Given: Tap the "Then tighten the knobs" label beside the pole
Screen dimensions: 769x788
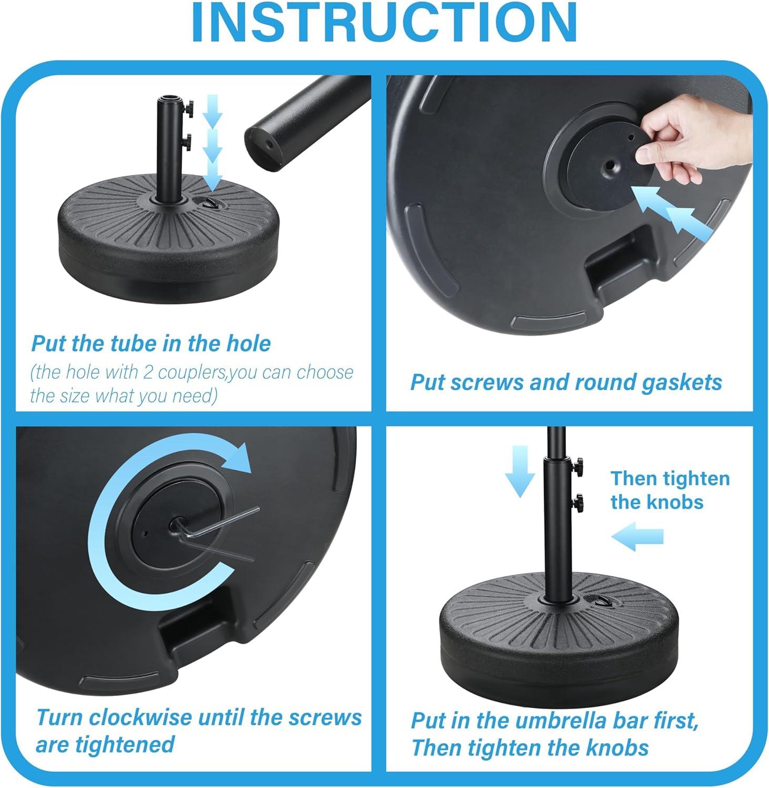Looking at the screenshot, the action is pyautogui.click(x=670, y=490).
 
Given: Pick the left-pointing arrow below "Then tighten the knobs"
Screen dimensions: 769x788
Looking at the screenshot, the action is pyautogui.click(x=638, y=536).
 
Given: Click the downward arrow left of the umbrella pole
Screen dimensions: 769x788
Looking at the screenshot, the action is pyautogui.click(x=520, y=471).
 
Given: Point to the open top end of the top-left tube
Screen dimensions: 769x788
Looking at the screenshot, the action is pyautogui.click(x=169, y=98).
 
